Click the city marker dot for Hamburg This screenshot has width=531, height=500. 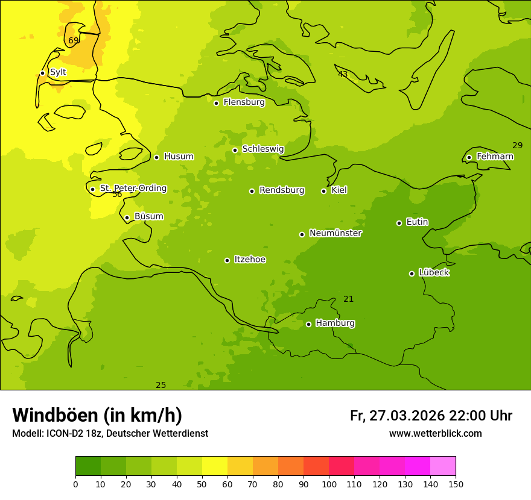click(x=308, y=324)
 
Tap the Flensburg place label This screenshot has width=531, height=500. click(x=244, y=102)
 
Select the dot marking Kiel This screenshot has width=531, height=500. click(x=323, y=191)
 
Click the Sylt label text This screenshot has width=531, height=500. click(x=58, y=72)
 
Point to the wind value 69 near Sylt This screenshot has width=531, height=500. click(x=74, y=41)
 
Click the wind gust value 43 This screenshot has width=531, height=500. click(x=343, y=75)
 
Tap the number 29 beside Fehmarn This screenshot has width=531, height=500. click(x=518, y=145)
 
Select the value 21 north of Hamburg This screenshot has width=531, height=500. click(x=349, y=299)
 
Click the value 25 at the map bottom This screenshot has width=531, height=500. click(x=161, y=386)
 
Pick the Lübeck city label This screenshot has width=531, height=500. click(x=434, y=273)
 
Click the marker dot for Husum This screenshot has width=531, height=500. click(x=156, y=157)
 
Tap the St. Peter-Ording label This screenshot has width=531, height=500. click(x=133, y=189)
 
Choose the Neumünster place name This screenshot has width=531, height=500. click(x=335, y=233)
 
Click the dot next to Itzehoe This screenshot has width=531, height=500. click(x=227, y=260)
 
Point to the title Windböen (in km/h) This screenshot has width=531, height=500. click(x=97, y=415)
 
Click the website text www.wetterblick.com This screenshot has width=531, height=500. click(x=435, y=434)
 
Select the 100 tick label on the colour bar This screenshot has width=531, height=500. click(x=329, y=484)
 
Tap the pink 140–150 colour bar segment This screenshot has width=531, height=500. click(x=443, y=466)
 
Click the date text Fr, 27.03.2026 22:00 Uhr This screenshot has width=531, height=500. click(x=431, y=416)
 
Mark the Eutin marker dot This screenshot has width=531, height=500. click(x=399, y=223)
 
